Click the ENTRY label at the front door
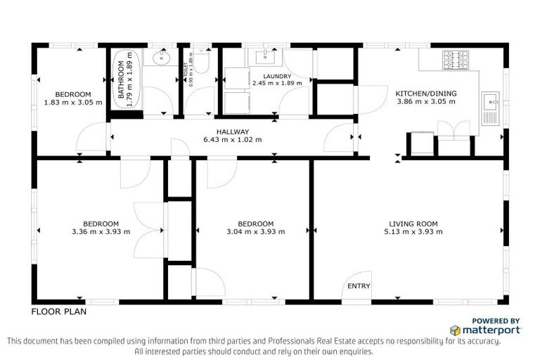pos(359,286)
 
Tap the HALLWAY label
pos(232,131)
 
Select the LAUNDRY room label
pos(277,76)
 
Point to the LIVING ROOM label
pos(413,224)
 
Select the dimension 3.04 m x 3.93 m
pos(256,232)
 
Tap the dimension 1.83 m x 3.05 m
pos(74,103)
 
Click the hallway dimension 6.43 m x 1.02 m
pos(232,139)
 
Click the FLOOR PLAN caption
pos(58,310)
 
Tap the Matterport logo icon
pos(456,330)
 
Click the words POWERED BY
pos(496,320)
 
